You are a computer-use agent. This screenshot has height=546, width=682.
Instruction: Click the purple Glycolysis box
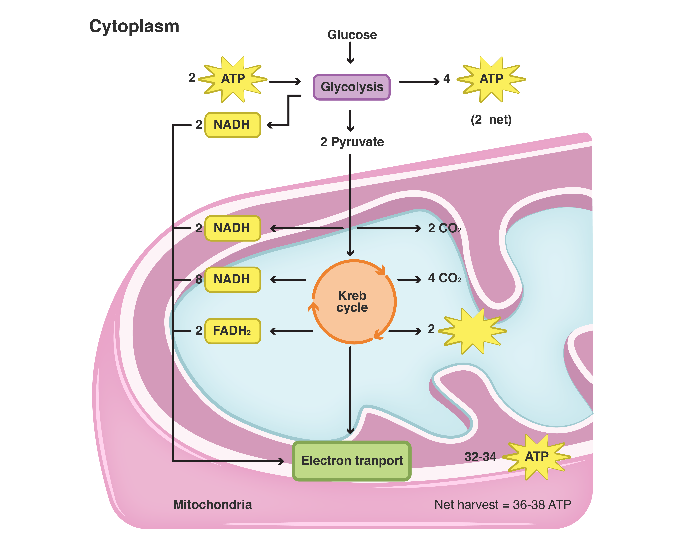pyautogui.click(x=351, y=87)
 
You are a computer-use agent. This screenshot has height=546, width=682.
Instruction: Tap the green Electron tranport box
pyautogui.click(x=351, y=461)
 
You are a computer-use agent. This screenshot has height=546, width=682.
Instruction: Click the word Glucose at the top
pyautogui.click(x=352, y=35)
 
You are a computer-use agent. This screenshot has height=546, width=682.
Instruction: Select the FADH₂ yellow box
pyautogui.click(x=233, y=331)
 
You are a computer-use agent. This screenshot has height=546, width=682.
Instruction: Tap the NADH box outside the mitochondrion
pyautogui.click(x=233, y=125)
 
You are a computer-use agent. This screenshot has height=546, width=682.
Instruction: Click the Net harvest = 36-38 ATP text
pyautogui.click(x=502, y=505)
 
